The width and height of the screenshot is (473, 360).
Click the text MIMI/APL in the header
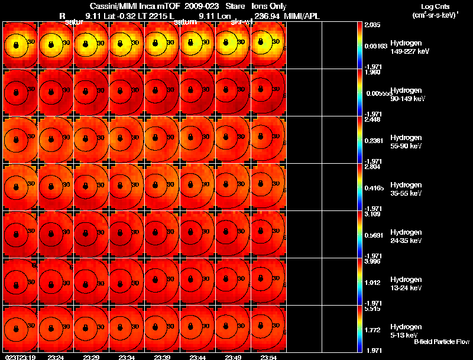pyautogui.click(x=303, y=16)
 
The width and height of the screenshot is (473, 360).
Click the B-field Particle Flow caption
pyautogui.click(x=442, y=342)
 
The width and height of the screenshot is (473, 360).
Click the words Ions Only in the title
pyautogui.click(x=269, y=7)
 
